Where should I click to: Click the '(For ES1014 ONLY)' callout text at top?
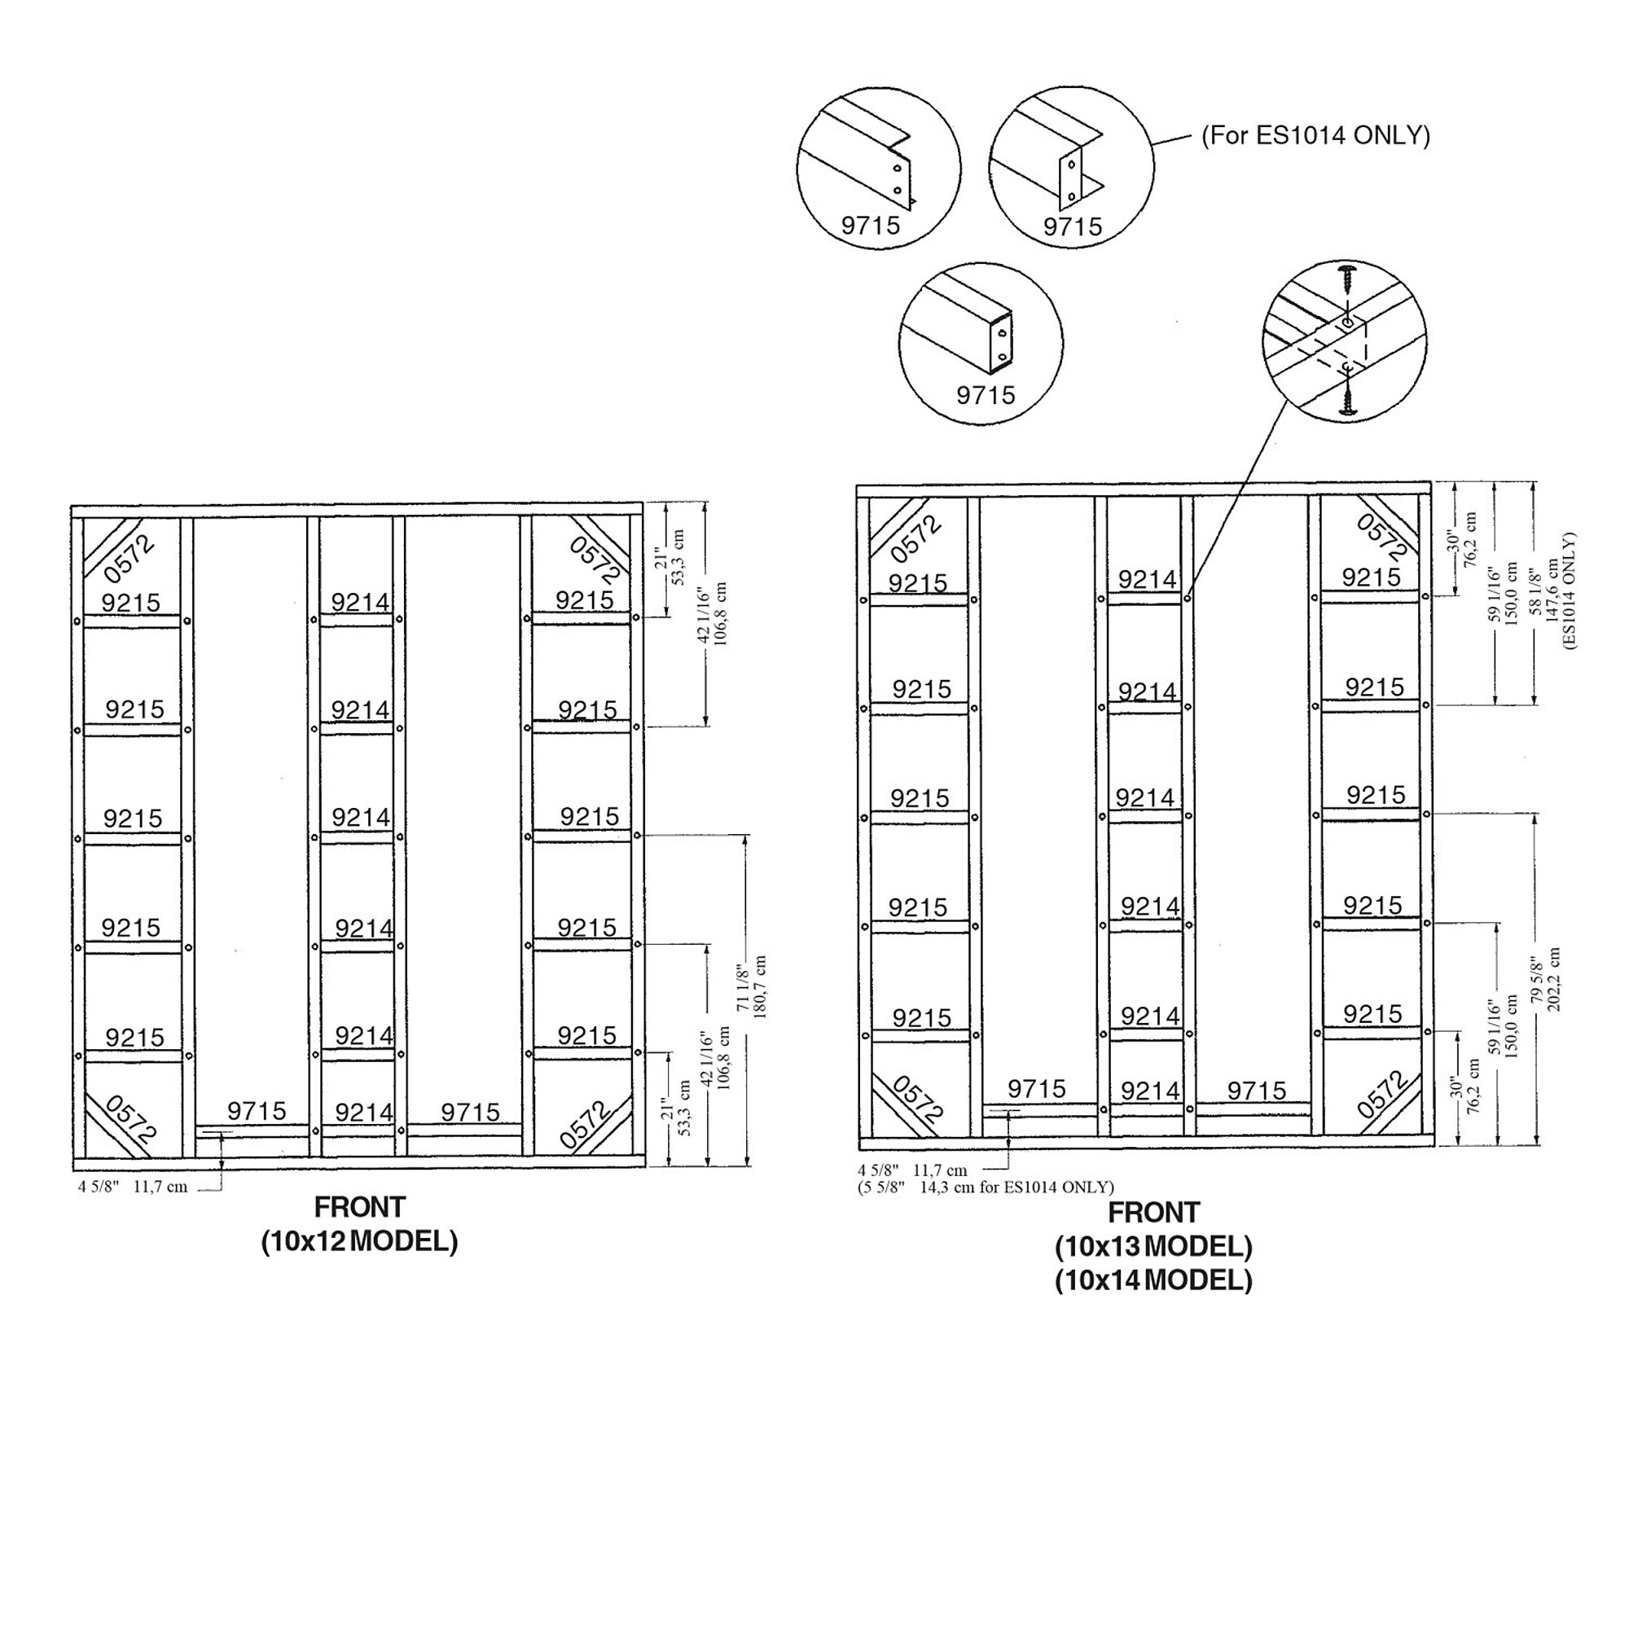tap(1315, 136)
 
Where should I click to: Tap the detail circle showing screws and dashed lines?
tap(1345, 342)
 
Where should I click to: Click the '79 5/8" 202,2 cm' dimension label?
tap(1547, 980)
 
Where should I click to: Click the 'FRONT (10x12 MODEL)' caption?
tap(360, 1225)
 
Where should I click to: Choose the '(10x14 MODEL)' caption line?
tap(1153, 1280)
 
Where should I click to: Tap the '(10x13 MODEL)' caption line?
tap(1153, 1246)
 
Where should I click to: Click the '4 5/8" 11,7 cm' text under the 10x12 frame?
tap(134, 1188)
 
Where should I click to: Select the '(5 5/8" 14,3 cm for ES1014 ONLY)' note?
tap(986, 1188)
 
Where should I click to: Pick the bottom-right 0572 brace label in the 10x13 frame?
tap(1384, 1095)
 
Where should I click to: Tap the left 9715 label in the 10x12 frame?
tap(257, 1110)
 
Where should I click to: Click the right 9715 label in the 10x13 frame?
tap(1256, 1091)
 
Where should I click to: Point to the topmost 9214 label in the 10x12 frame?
tap(360, 602)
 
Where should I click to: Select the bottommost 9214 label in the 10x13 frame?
tap(1150, 1091)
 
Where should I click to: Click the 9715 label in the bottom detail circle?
tap(986, 394)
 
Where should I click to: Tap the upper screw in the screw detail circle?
tap(1346, 278)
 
